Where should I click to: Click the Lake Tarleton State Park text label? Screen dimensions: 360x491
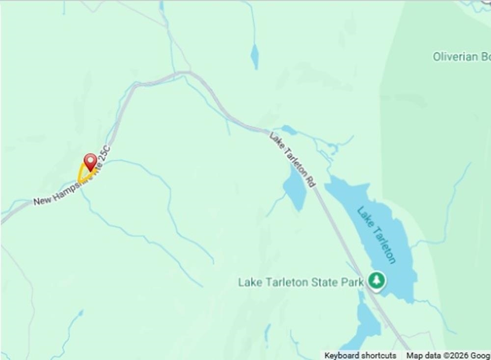click(x=300, y=282)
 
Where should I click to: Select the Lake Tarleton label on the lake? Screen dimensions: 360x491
click(x=376, y=235)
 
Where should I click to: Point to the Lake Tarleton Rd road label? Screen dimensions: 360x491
click(x=292, y=159)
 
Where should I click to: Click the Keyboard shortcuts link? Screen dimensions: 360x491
click(x=360, y=355)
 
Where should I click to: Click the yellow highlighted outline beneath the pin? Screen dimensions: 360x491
click(x=82, y=175)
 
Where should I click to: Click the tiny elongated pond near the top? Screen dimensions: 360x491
click(x=254, y=56)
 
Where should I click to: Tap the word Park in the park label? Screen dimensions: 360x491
click(x=352, y=282)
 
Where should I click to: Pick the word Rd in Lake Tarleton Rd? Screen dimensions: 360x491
click(x=310, y=180)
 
